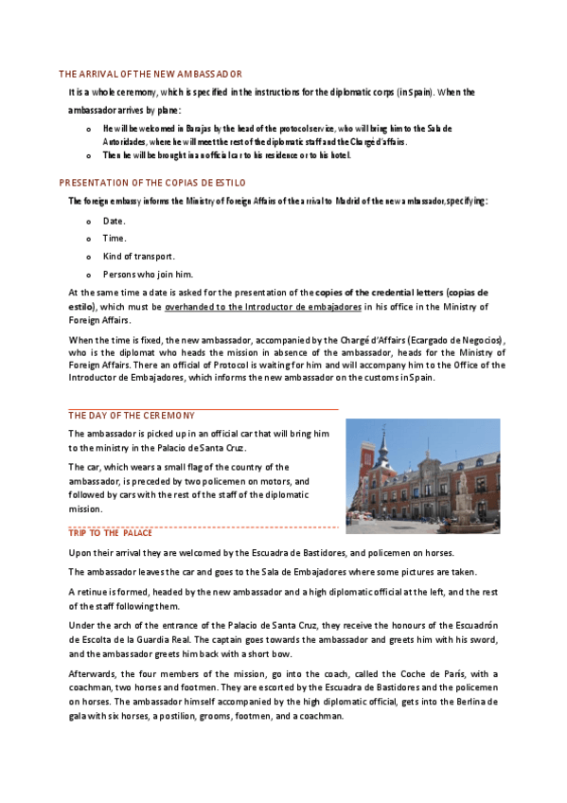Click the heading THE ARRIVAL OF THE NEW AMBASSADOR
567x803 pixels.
pyautogui.click(x=151, y=74)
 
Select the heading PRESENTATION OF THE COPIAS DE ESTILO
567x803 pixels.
pyautogui.click(x=152, y=182)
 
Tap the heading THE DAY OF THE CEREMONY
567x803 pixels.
pyautogui.click(x=132, y=415)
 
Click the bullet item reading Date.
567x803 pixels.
pyautogui.click(x=114, y=221)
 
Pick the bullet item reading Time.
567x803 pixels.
pyautogui.click(x=114, y=239)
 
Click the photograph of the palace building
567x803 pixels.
pyautogui.click(x=422, y=475)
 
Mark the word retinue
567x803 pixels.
pyautogui.click(x=96, y=591)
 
